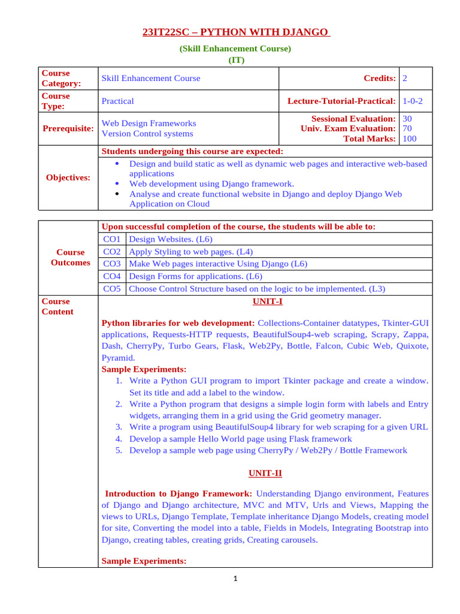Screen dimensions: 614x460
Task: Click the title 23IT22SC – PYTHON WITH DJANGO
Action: click(x=235, y=32)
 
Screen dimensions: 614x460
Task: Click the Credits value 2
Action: click(x=405, y=79)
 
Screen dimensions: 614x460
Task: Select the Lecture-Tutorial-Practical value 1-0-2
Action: click(x=413, y=101)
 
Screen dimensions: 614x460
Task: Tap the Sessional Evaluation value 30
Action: click(x=408, y=119)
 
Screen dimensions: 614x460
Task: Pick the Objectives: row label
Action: click(x=68, y=177)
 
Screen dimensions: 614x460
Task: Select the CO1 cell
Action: click(x=112, y=239)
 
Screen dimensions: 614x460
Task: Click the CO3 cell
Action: click(x=112, y=263)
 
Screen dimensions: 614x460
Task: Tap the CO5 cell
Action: click(x=112, y=288)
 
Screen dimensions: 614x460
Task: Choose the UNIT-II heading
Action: click(x=265, y=473)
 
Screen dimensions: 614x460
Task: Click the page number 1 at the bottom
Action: click(x=235, y=579)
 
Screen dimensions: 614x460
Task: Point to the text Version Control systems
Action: click(x=148, y=134)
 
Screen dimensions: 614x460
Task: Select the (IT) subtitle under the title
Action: click(x=235, y=60)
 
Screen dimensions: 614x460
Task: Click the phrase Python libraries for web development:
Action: click(x=178, y=323)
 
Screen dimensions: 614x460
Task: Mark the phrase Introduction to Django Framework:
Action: click(x=178, y=493)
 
